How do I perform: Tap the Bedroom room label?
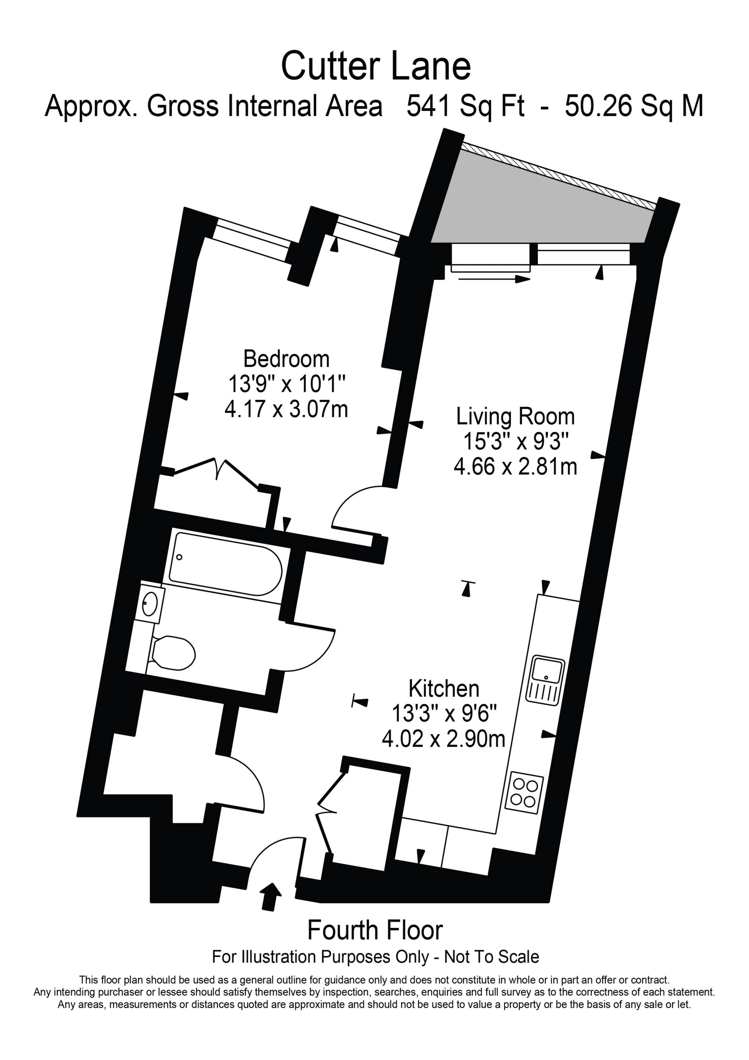pos(286,359)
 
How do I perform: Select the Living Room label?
pos(516,417)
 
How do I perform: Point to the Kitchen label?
pos(444,689)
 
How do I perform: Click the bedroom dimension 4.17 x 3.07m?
pos(286,409)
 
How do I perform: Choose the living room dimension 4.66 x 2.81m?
pos(516,467)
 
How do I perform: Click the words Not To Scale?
pos(492,957)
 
